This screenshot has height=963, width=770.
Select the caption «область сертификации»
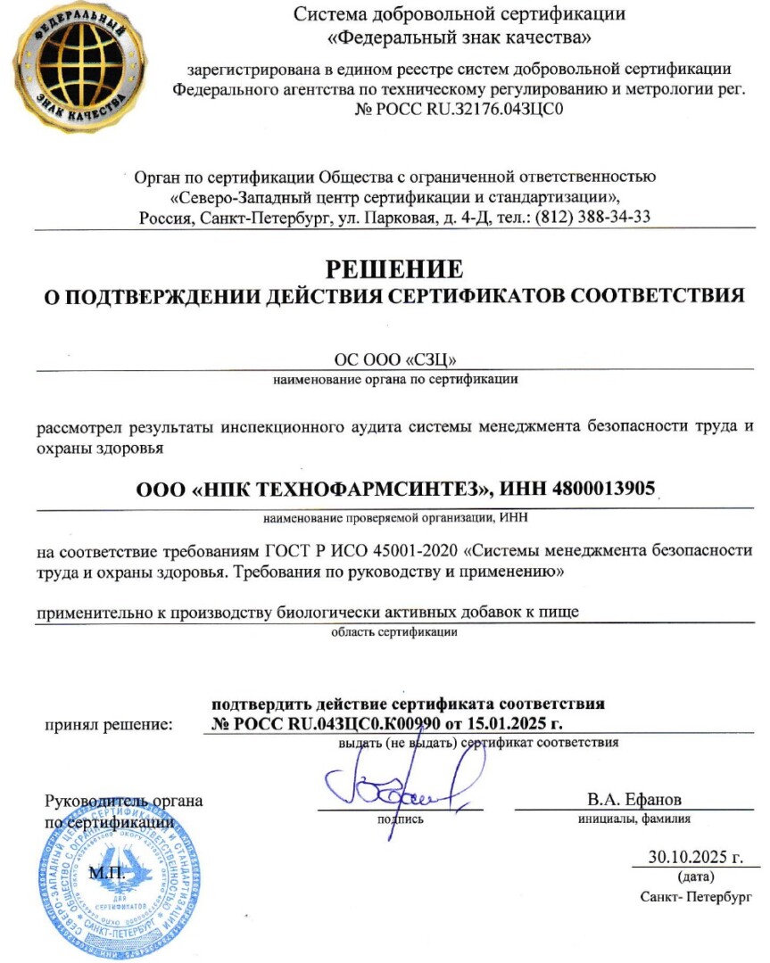[x=394, y=633]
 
